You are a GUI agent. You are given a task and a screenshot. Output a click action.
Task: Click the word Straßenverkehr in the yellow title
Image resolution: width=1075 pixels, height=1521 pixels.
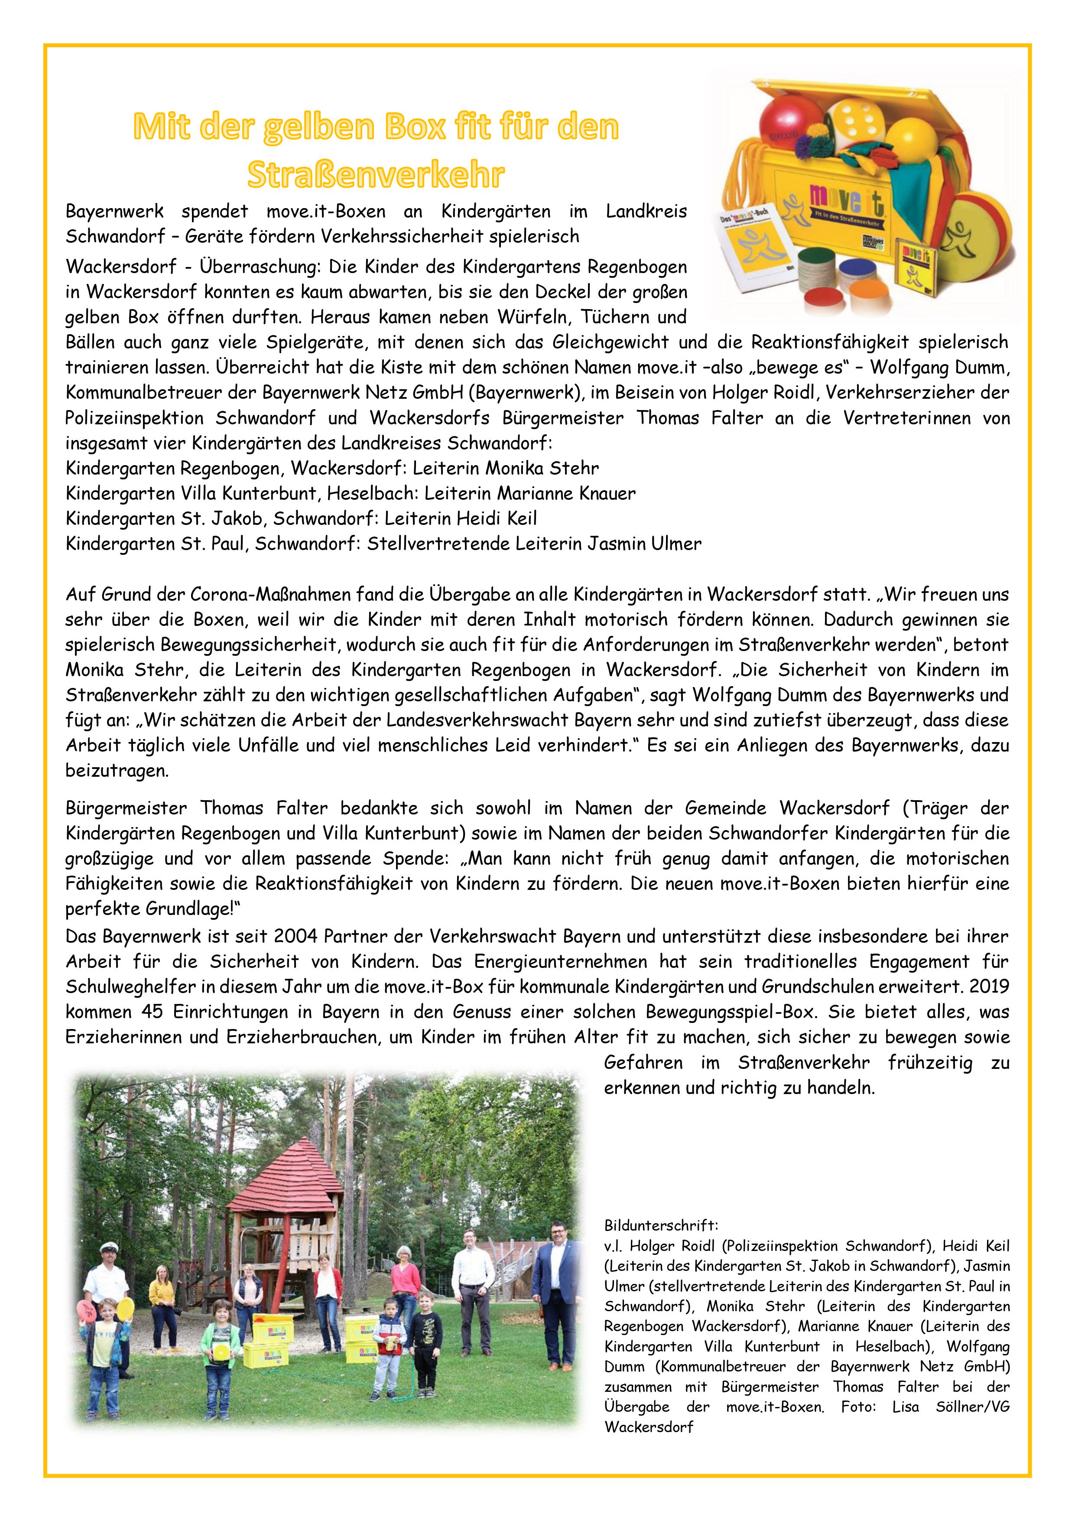coord(376,174)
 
